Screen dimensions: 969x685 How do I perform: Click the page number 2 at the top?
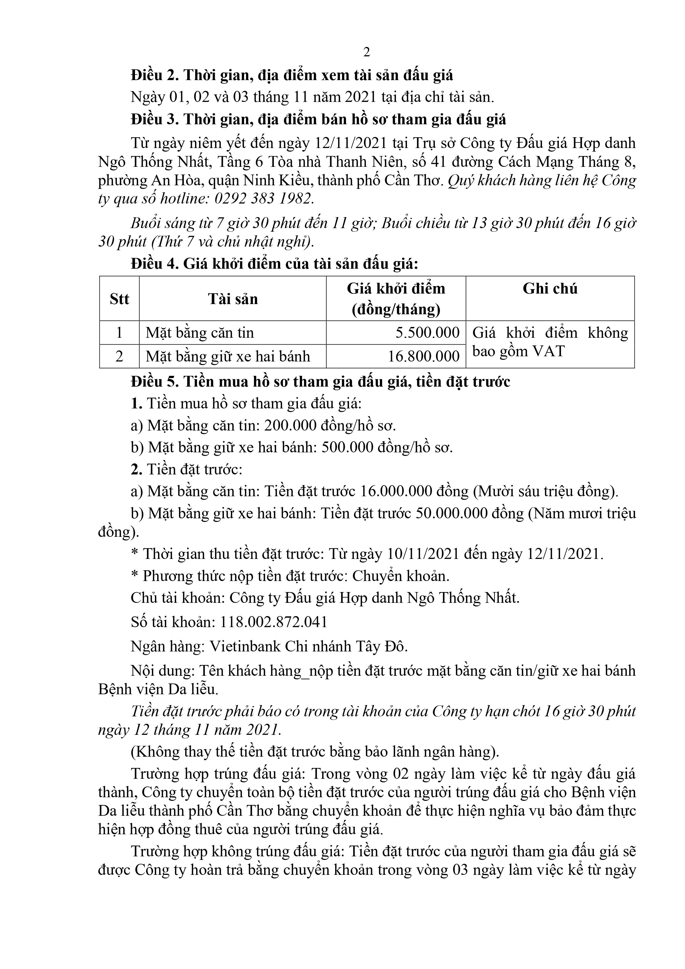(x=366, y=52)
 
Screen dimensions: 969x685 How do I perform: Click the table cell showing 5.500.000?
(x=427, y=332)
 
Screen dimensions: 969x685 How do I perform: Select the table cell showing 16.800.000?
(x=423, y=356)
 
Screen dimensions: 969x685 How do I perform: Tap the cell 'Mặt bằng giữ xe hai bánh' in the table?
(x=228, y=356)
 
